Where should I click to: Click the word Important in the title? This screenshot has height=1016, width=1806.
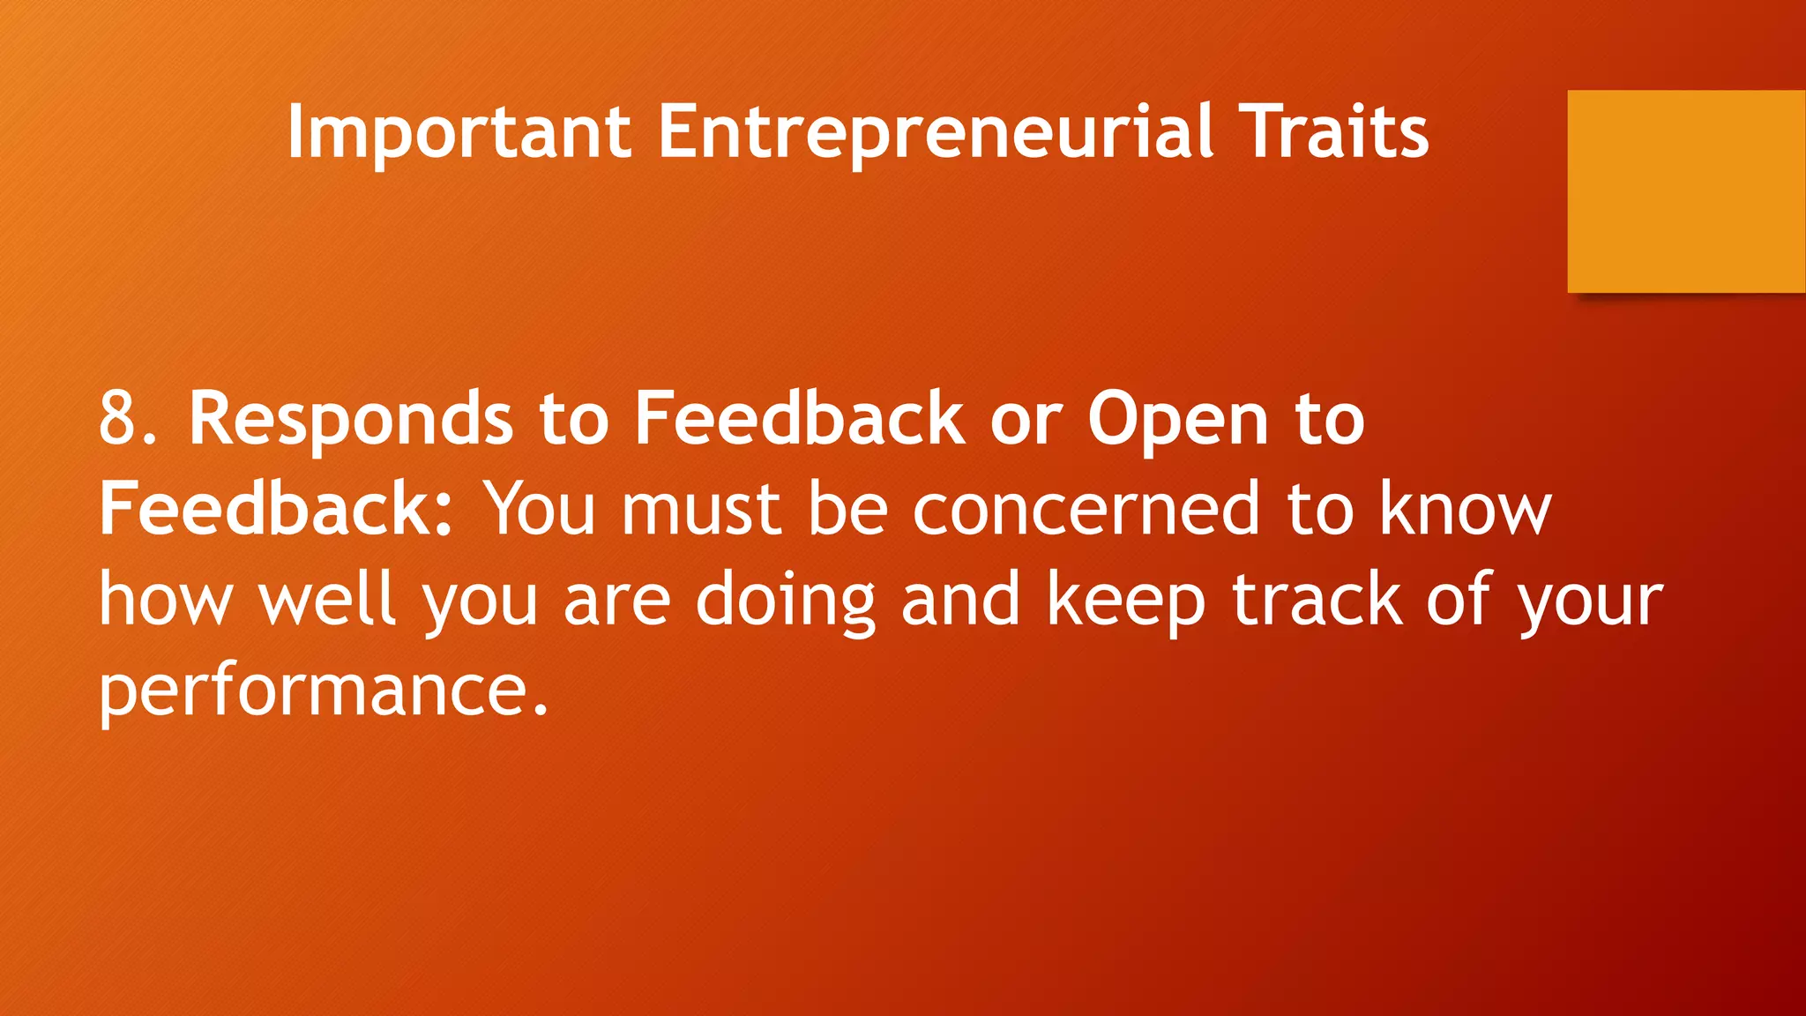(x=459, y=132)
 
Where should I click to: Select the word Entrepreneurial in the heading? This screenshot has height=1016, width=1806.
(x=936, y=132)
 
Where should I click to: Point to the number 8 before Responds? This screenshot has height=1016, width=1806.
(x=119, y=419)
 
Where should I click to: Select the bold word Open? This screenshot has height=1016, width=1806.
(x=1177, y=419)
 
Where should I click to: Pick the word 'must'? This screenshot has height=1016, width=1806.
(x=702, y=509)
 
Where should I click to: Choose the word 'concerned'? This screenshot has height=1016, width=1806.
(x=1086, y=509)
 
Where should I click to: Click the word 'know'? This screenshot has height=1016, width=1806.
(x=1464, y=509)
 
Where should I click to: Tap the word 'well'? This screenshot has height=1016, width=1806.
(x=327, y=600)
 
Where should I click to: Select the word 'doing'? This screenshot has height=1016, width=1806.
(x=786, y=600)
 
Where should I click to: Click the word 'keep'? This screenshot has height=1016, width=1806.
(x=1125, y=600)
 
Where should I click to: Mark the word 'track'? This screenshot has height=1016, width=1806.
(x=1317, y=600)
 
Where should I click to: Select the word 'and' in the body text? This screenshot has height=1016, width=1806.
(x=960, y=600)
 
